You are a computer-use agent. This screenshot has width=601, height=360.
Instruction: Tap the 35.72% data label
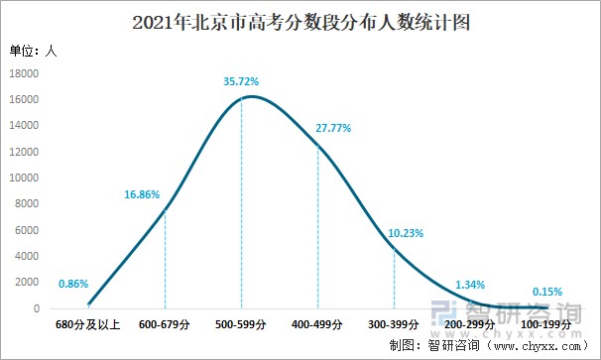tap(242, 79)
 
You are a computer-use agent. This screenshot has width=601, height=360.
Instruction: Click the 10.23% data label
tap(407, 234)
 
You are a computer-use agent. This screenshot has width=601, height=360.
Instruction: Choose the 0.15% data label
tap(546, 292)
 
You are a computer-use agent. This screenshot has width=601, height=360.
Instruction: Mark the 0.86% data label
tap(73, 285)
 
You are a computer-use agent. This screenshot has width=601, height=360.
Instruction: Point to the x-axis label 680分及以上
tap(88, 324)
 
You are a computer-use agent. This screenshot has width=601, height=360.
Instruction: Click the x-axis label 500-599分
tap(241, 324)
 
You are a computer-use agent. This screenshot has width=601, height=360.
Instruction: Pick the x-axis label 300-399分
tap(394, 324)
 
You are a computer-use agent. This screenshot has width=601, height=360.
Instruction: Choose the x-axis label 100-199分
tap(546, 324)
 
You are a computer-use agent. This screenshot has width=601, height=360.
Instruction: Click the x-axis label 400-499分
tap(317, 324)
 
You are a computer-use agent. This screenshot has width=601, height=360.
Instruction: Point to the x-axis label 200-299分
tap(470, 324)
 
